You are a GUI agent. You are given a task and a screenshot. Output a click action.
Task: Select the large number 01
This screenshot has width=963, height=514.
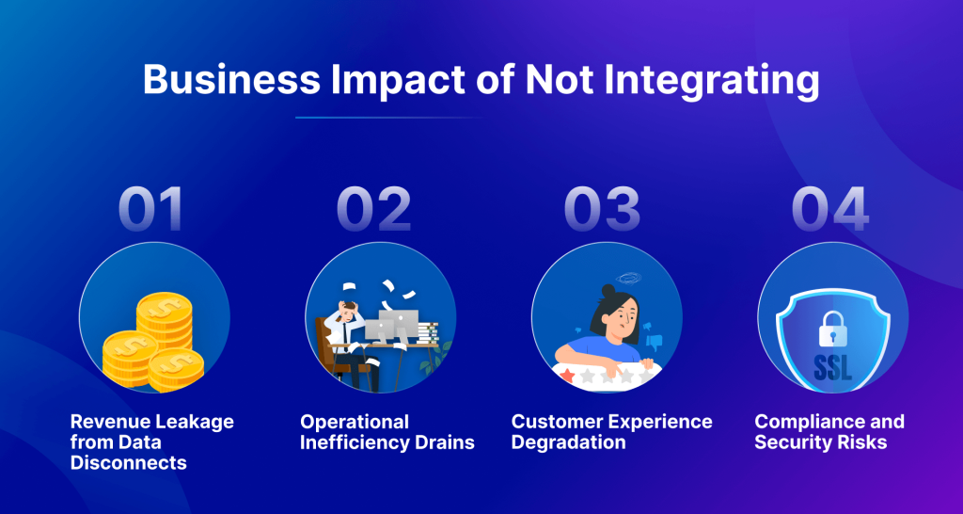[x=154, y=210]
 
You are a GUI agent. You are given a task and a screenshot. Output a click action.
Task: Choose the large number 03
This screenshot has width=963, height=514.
[x=602, y=210]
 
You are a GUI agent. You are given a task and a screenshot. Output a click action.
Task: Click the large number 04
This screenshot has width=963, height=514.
[x=829, y=210]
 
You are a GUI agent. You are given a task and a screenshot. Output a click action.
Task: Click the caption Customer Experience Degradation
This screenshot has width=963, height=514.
[x=611, y=431]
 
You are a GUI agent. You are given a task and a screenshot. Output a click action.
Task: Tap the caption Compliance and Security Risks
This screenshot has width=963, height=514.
[x=829, y=431]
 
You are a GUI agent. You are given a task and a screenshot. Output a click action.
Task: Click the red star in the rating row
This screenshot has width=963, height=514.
[x=567, y=375]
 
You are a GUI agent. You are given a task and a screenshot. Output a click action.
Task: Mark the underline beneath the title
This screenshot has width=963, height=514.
[x=390, y=118]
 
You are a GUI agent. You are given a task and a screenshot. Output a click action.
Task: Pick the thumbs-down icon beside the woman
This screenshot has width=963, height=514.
[x=655, y=342]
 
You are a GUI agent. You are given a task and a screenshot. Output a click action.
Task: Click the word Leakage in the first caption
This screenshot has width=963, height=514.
[x=193, y=421]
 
